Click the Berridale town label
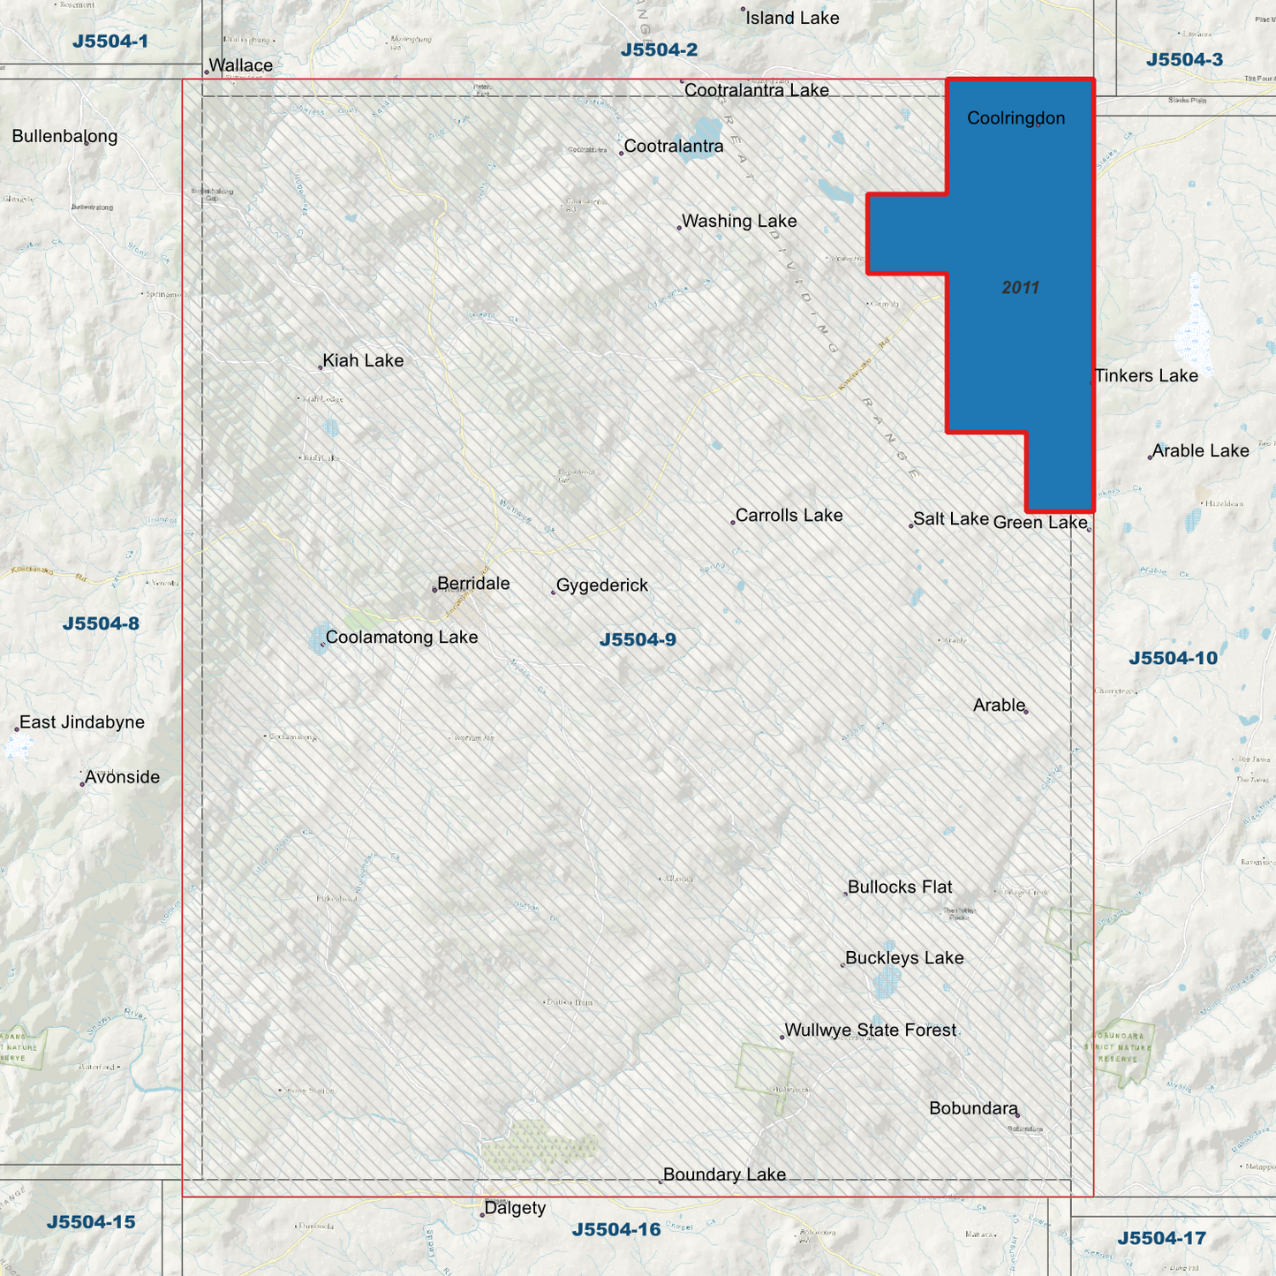pos(473,584)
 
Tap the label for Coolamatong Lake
pos(402,638)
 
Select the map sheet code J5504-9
pos(638,640)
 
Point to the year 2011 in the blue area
pos(1020,288)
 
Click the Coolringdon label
pos(1016,118)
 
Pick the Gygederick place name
pos(602,585)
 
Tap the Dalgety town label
pos(515,1208)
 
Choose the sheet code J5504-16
pos(615,1229)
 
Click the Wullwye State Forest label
pos(870,1031)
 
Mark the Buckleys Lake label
pos(904,958)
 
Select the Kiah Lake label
pos(363,360)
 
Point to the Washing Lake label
pos(739,222)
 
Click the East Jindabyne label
pos(82,722)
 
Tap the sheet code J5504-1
pos(110,42)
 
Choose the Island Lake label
pos(792,19)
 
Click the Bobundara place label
pos(973,1108)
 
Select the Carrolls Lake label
pos(789,516)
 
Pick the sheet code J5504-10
pos(1173,658)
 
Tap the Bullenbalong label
pos(64,137)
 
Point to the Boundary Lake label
pos(724,1174)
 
